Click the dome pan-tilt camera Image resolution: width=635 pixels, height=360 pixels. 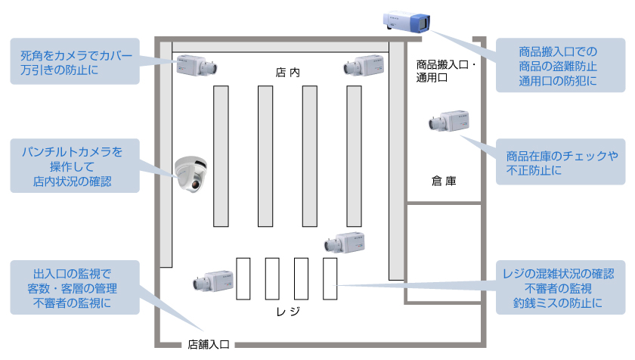click(x=190, y=173)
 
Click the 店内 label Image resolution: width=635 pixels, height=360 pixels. click(x=288, y=73)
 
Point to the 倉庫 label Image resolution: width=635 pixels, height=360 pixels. click(x=444, y=182)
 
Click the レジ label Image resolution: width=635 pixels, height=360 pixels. click(x=288, y=312)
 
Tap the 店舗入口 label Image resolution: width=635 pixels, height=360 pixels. click(x=209, y=344)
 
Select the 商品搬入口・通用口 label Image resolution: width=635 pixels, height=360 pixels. click(x=446, y=71)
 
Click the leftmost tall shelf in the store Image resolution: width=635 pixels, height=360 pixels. click(x=221, y=156)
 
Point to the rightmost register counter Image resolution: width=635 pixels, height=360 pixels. click(x=330, y=278)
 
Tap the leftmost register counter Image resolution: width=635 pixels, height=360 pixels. click(x=243, y=278)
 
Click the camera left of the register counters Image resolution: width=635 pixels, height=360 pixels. click(x=212, y=281)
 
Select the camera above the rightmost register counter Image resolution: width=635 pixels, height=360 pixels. click(x=345, y=242)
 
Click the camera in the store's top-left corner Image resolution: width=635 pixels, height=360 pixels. click(x=197, y=65)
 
